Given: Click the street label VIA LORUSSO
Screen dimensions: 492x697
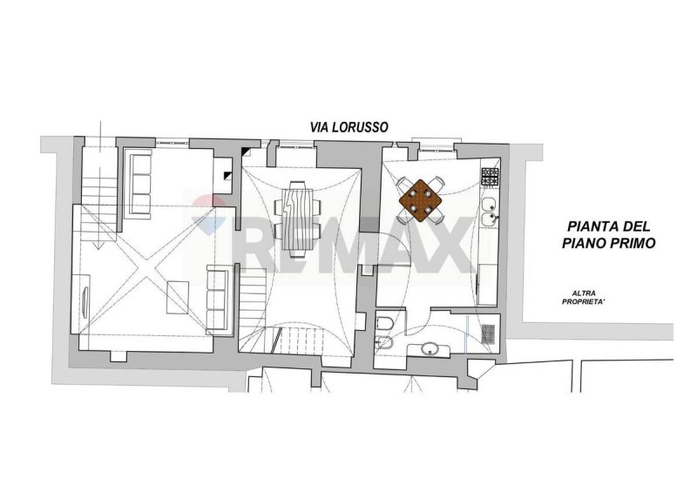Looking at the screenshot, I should point(348,127).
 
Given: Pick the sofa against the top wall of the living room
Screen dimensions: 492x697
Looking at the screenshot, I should point(139,183).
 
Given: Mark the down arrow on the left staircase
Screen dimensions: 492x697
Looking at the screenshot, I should point(101,139).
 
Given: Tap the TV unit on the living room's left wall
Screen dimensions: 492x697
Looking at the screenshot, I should point(85,301).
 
